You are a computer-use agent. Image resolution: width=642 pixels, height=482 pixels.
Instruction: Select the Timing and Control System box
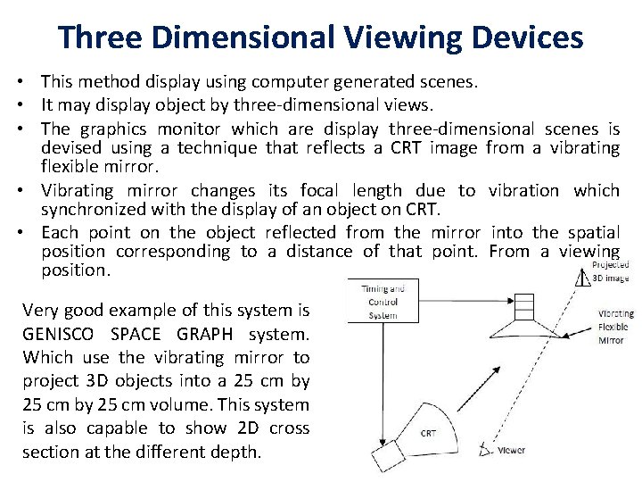(383, 302)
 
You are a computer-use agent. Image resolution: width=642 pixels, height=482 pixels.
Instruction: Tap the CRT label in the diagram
(428, 433)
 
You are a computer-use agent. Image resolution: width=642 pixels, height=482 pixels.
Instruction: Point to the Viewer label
(512, 451)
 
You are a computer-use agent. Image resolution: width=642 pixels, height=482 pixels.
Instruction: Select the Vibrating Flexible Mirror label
(616, 327)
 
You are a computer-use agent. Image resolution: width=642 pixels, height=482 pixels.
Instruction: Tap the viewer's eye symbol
(485, 450)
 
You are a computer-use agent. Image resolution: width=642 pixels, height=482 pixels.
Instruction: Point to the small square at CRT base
(389, 456)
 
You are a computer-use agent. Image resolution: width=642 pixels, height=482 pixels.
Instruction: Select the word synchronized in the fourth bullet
(90, 211)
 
